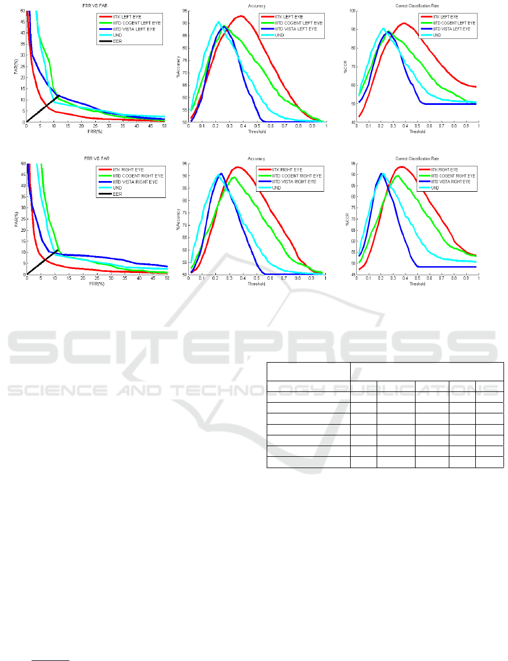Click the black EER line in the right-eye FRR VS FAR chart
[x=42, y=262]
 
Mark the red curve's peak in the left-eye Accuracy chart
[x=241, y=16]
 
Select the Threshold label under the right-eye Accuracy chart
[x=257, y=284]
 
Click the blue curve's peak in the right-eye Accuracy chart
[x=221, y=174]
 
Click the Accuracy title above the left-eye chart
[x=257, y=6]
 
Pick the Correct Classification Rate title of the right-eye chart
[x=417, y=158]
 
